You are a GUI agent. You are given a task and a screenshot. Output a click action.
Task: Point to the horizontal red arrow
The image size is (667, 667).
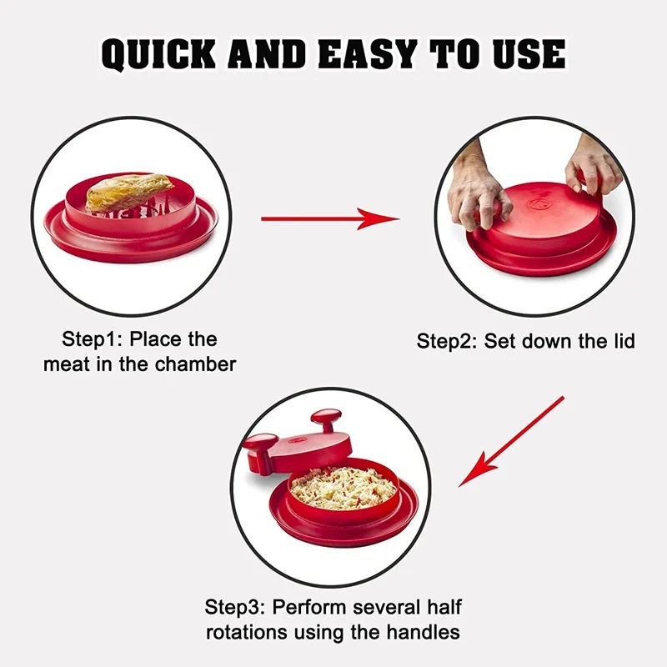[329, 219]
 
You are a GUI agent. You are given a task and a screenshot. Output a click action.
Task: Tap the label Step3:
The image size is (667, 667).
[236, 607]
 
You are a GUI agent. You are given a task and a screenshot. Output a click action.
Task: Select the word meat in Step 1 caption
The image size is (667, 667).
[66, 364]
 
